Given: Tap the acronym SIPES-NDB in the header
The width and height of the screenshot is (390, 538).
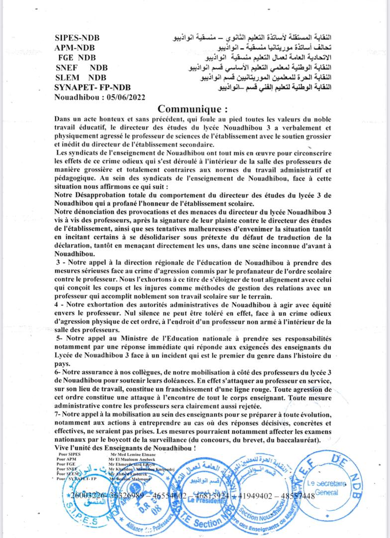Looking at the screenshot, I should click(77, 38).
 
